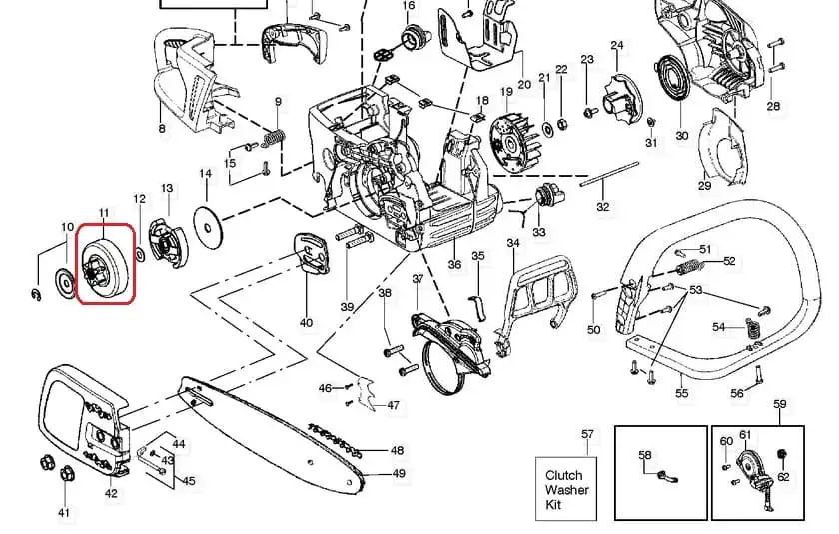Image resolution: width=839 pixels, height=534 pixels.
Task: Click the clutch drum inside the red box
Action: pos(105,265)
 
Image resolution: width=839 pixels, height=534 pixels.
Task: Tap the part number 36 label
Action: pos(454,265)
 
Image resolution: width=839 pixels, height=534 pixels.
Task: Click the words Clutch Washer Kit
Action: pos(566,490)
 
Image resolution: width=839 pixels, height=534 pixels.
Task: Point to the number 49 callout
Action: pos(399,473)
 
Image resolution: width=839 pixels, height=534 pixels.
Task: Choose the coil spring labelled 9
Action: pos(274,139)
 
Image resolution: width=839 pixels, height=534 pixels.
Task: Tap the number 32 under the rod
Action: pos(603,207)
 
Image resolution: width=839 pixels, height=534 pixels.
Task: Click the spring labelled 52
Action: pos(688,265)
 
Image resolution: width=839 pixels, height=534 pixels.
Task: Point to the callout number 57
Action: pos(587,434)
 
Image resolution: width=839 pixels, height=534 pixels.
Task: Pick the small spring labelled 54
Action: pos(753,327)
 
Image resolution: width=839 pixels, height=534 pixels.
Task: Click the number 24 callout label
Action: pos(617,46)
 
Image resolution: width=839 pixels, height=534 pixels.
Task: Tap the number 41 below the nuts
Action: pos(64,513)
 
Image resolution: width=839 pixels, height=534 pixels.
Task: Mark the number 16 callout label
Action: pos(409,5)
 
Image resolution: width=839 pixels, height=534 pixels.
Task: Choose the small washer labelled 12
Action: pos(140,255)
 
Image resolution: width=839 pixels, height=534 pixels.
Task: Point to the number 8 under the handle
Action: pos(162,128)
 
